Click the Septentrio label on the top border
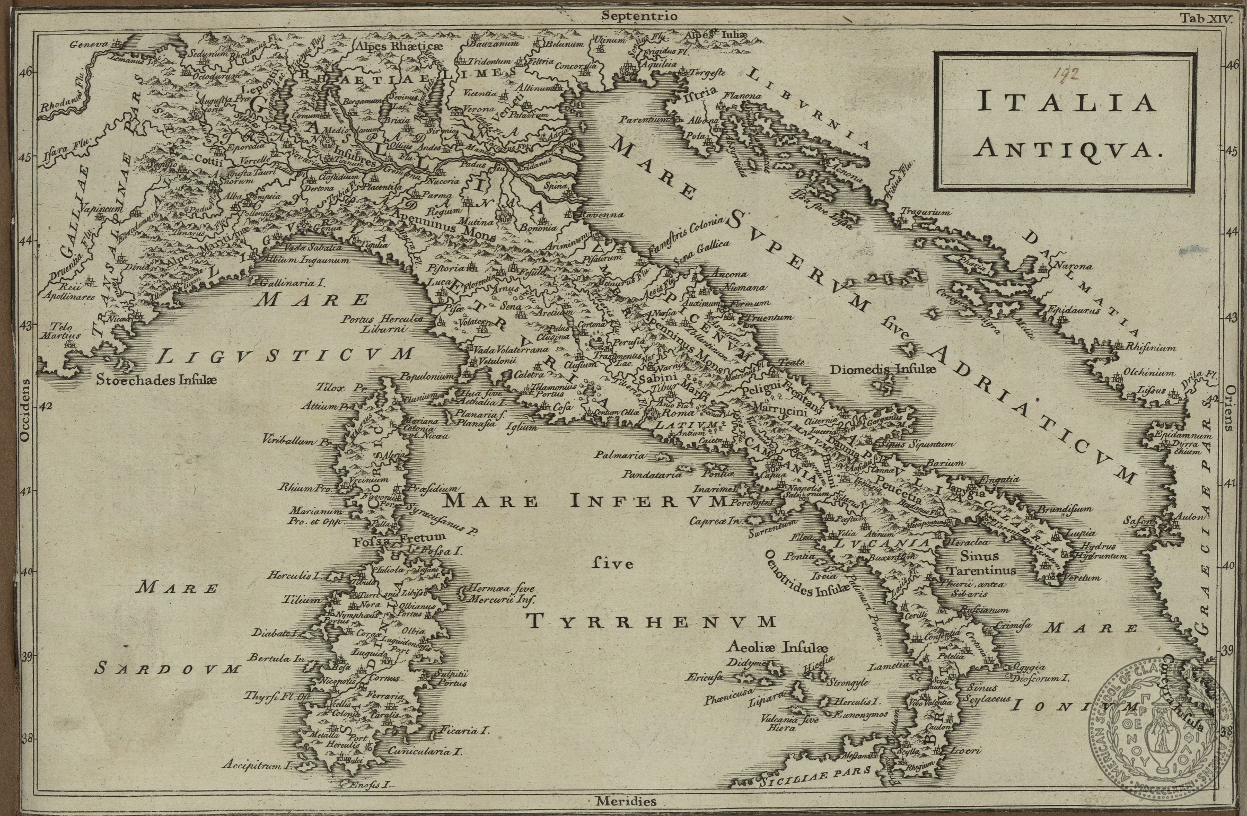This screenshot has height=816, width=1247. tap(639, 16)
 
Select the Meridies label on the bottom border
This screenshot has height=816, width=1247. tap(625, 801)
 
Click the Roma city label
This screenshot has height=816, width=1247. tap(660, 412)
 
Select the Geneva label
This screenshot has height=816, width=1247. tap(89, 45)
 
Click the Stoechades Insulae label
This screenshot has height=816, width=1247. tap(156, 380)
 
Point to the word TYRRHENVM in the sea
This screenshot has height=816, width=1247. tap(653, 621)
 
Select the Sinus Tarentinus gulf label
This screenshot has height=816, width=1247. tap(980, 563)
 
